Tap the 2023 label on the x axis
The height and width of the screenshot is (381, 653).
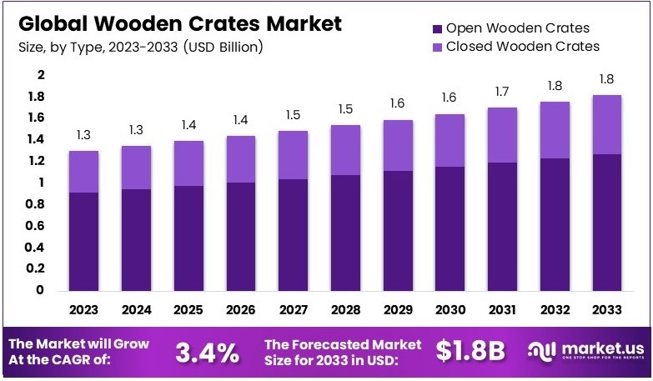click(x=83, y=309)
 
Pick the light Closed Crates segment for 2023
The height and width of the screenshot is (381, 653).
click(x=83, y=172)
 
